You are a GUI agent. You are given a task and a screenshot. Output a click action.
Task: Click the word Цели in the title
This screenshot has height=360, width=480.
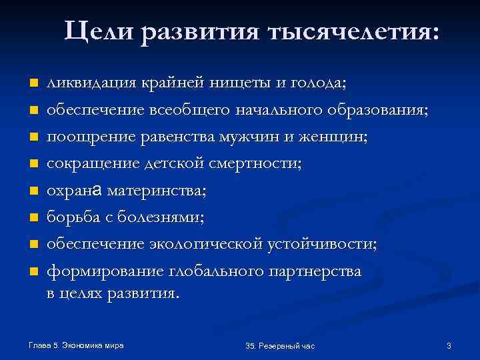pos(100,33)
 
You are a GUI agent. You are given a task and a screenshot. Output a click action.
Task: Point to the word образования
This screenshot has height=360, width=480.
pos(376,111)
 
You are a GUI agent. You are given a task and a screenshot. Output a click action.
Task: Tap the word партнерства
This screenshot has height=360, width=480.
pos(315,271)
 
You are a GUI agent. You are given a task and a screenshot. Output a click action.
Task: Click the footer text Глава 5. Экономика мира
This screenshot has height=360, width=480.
pos(77,345)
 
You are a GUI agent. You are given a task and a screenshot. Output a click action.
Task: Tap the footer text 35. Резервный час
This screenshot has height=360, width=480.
pos(280,346)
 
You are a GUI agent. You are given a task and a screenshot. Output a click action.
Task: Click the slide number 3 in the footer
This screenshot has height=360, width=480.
pos(449,345)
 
